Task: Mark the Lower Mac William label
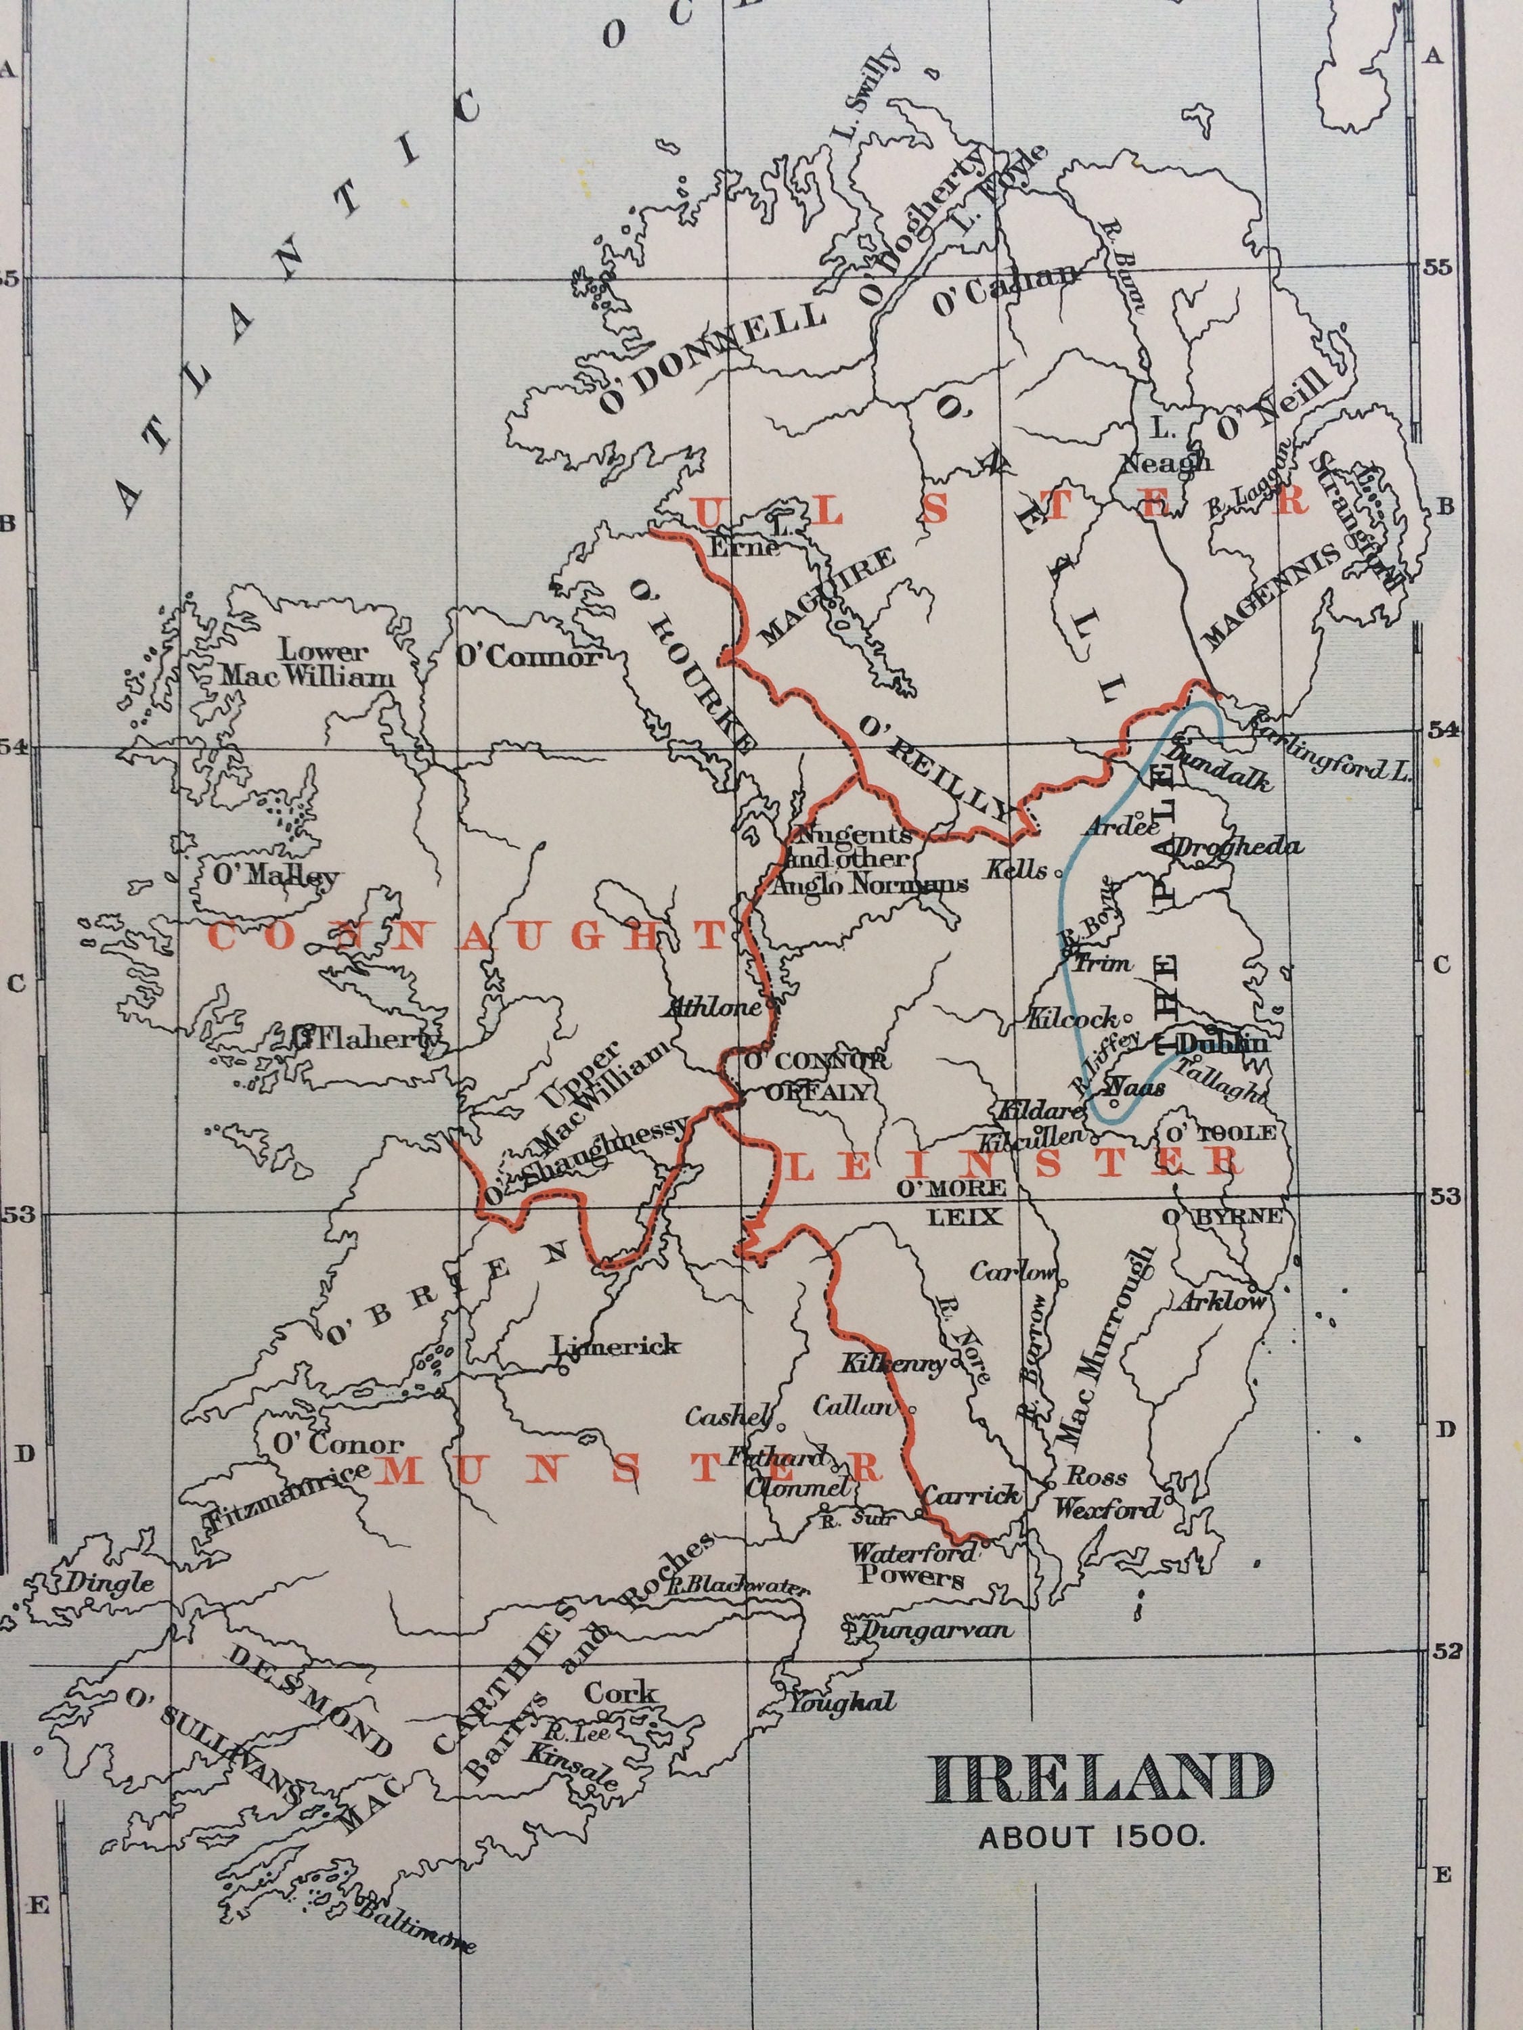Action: [307, 665]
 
